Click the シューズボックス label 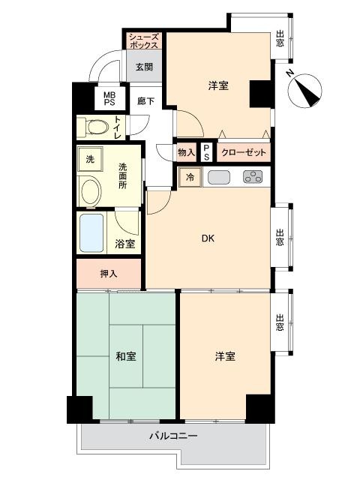pos(144,41)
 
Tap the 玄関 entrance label pos(144,67)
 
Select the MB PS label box pos(109,99)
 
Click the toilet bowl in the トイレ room pos(97,127)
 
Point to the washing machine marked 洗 pos(90,159)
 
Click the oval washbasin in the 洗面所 pos(90,192)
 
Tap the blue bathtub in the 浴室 pos(91,233)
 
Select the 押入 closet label pos(109,274)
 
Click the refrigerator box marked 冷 pos(190,177)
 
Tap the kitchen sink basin pos(219,177)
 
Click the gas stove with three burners pos(253,177)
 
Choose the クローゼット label pos(243,152)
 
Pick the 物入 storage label pos(187,152)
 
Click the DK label pos(208,238)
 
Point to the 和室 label pos(126,356)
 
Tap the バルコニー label pos(173,435)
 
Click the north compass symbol pos(305,91)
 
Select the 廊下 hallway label pos(145,100)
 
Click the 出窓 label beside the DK pos(280,237)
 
